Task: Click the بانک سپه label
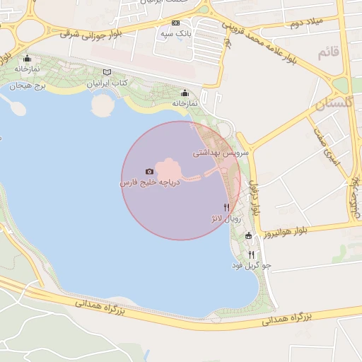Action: coord(176,33)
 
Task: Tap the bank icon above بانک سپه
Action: coord(176,23)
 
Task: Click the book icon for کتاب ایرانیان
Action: coord(107,72)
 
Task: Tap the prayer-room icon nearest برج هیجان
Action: coord(27,59)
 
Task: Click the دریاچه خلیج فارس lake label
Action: coord(150,182)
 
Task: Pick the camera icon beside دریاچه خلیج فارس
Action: coord(149,172)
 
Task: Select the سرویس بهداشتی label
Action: coord(221,152)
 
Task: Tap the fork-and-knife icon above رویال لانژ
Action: coord(226,208)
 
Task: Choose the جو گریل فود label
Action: coord(251,266)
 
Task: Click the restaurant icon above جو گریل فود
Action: coord(251,255)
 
